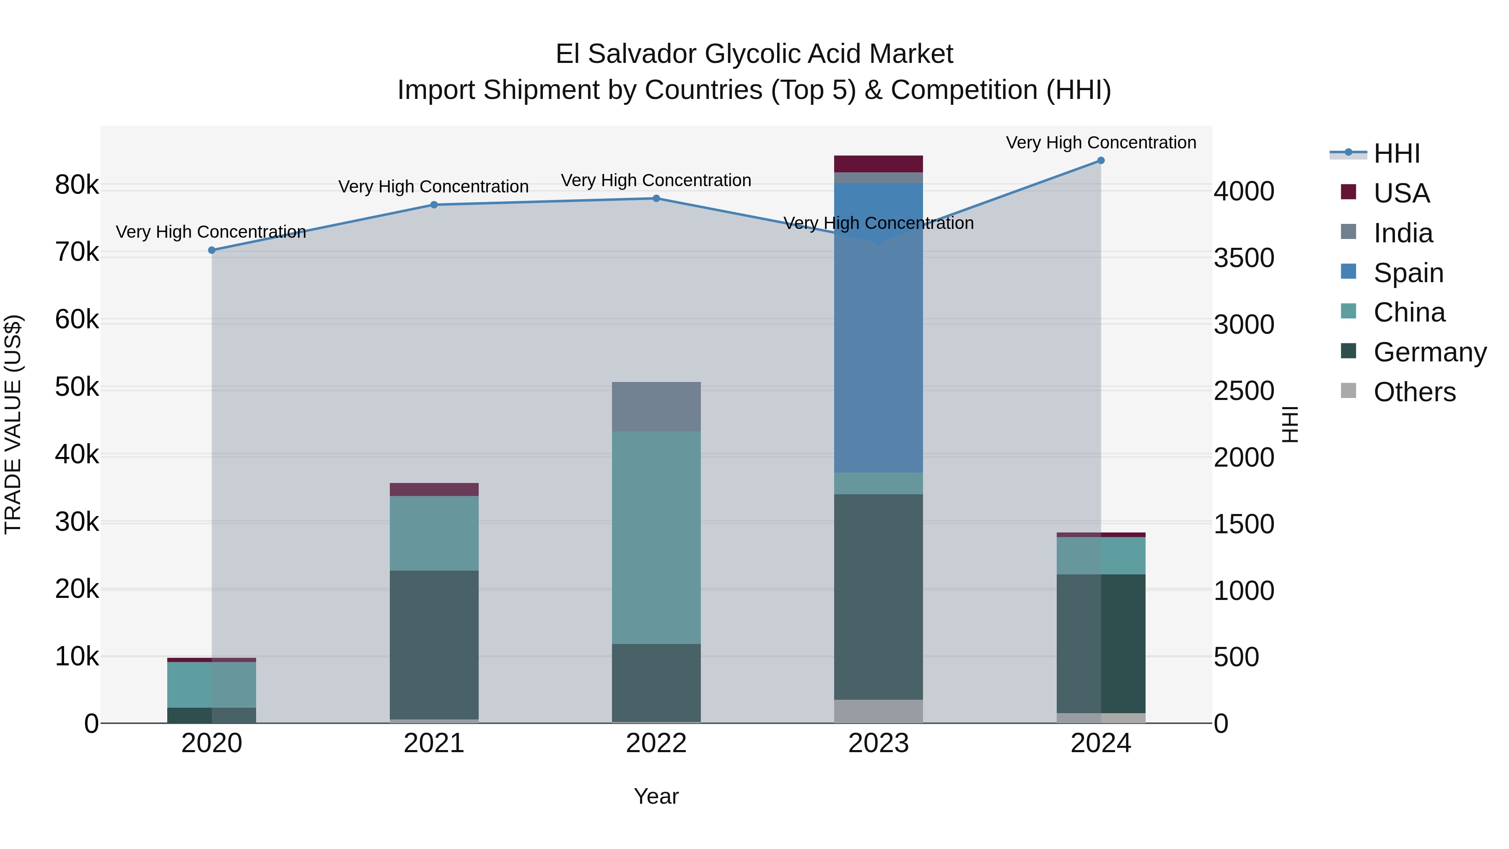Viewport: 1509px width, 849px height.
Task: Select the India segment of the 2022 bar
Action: [x=656, y=407]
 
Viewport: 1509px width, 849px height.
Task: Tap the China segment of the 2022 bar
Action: [x=656, y=537]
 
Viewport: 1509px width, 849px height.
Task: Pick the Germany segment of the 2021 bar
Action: [x=434, y=644]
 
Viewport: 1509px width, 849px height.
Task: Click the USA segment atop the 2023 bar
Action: [x=878, y=164]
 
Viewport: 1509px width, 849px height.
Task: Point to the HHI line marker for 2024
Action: [x=1101, y=161]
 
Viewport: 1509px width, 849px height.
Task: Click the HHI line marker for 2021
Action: [x=434, y=205]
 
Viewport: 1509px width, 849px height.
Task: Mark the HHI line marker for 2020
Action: [x=212, y=250]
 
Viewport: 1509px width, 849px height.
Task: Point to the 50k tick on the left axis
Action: [x=77, y=387]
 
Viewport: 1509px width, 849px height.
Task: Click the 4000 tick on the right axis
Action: [x=1243, y=192]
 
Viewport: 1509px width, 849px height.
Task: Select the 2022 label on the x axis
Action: [x=656, y=743]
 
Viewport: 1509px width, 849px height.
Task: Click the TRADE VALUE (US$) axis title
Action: [x=13, y=424]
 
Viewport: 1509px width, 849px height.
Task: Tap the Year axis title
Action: [x=656, y=796]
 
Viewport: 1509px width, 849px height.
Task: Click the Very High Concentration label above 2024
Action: [x=1101, y=143]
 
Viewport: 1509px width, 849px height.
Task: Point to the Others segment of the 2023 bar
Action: [x=878, y=711]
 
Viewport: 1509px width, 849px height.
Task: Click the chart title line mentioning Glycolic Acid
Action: [x=754, y=54]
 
